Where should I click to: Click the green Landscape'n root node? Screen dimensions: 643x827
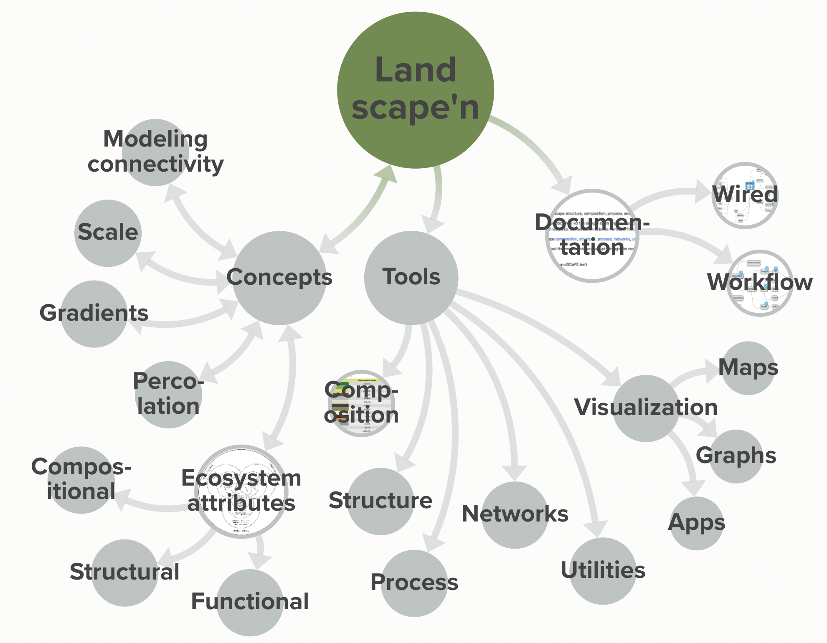click(416, 90)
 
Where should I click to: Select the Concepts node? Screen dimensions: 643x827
click(279, 278)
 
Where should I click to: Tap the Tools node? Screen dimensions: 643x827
click(411, 278)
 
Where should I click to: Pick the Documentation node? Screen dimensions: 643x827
click(592, 235)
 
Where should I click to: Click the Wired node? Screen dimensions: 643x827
click(745, 195)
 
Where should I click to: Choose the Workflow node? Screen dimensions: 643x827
click(760, 283)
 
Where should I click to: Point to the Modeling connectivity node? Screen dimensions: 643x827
click(155, 152)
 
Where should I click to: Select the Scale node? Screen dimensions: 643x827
click(108, 233)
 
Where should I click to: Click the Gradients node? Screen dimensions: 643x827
click(94, 314)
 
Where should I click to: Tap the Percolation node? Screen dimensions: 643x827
click(168, 395)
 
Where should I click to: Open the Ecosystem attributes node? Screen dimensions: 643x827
click(241, 491)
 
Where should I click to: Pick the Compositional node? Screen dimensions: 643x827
click(81, 480)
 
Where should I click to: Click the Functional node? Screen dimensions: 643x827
click(250, 602)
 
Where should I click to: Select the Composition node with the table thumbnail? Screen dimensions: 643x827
click(361, 403)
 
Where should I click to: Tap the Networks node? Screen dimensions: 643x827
click(515, 515)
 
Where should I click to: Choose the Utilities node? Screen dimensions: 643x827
click(603, 571)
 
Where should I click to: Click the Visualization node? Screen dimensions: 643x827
click(646, 408)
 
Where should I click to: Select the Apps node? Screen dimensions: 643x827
click(697, 523)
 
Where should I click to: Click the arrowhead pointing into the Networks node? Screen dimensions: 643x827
click(515, 473)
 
